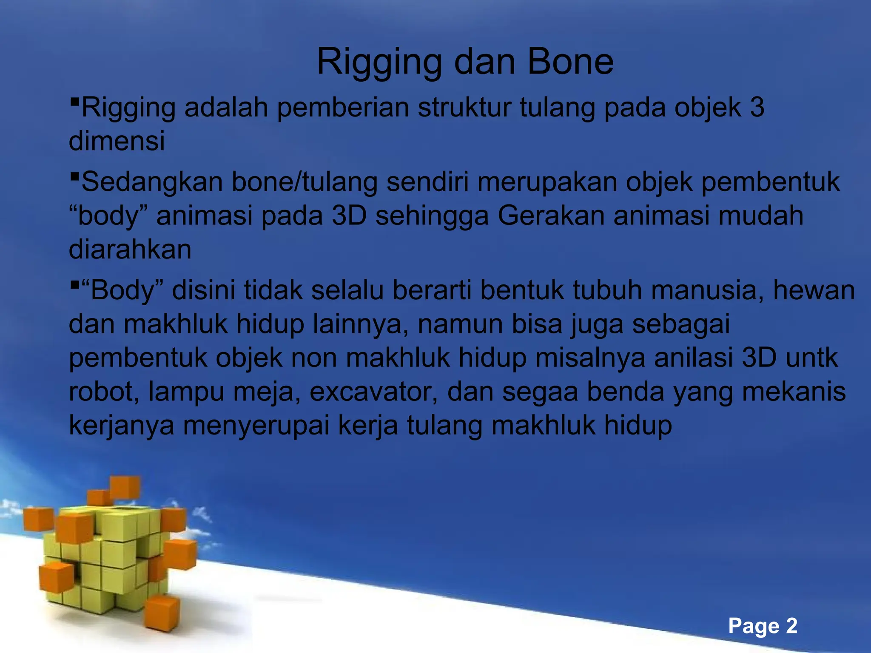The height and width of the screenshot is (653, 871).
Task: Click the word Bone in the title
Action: pyautogui.click(x=570, y=62)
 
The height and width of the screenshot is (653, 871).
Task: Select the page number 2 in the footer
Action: pyautogui.click(x=791, y=626)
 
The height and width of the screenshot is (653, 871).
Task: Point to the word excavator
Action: pyautogui.click(x=373, y=391)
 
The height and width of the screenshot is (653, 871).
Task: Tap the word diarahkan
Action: pyautogui.click(x=130, y=249)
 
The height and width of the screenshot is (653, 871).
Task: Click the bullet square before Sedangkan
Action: pyautogui.click(x=74, y=175)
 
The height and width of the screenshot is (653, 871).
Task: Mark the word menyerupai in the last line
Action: pyautogui.click(x=256, y=425)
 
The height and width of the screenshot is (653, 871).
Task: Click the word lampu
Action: pyautogui.click(x=186, y=391)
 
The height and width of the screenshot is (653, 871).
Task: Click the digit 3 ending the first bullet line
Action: pyautogui.click(x=757, y=107)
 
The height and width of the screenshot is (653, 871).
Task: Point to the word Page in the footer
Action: pyautogui.click(x=754, y=626)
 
